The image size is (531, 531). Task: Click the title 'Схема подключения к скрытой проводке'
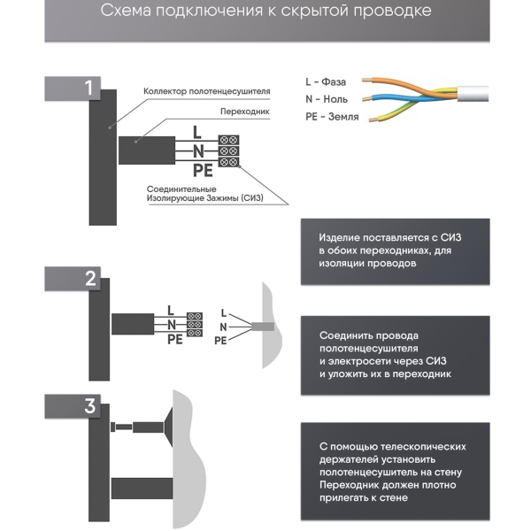[x=265, y=12]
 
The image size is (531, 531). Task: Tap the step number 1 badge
[x=88, y=88]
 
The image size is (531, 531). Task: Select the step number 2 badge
[x=88, y=280]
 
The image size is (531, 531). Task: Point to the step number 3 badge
[x=88, y=407]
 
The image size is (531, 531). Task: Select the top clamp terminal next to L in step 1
[x=228, y=140]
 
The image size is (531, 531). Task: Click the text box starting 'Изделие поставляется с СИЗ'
[x=395, y=251]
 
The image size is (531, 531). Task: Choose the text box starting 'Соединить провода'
[x=395, y=355]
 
